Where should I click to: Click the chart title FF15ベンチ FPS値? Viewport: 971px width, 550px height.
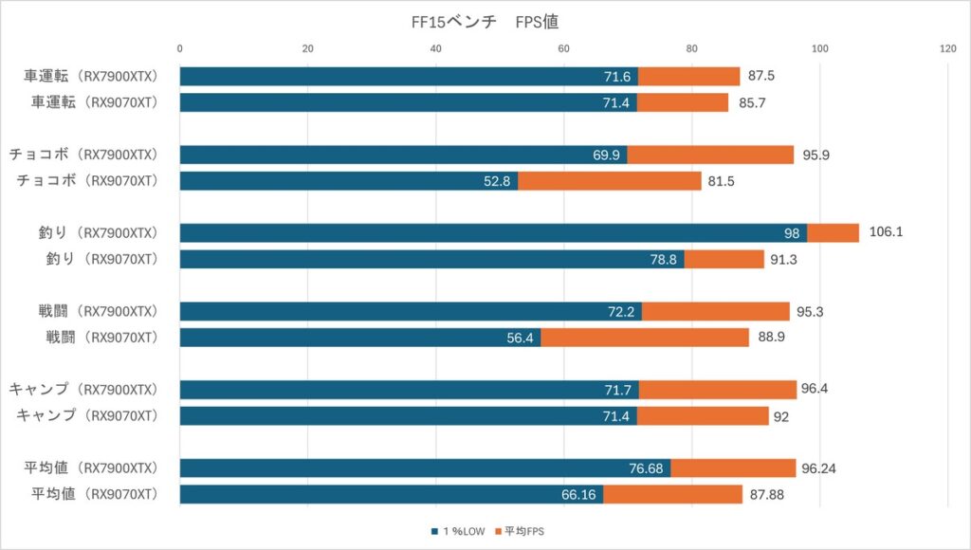tap(485, 21)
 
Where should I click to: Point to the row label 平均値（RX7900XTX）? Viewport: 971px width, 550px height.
tap(93, 467)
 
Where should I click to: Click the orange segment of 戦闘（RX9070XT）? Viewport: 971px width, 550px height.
tap(645, 338)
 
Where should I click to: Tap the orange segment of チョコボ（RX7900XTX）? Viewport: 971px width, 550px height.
tap(710, 155)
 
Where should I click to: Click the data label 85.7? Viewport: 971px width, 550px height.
tap(755, 102)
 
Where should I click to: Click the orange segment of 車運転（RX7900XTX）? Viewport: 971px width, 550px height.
tap(688, 76)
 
